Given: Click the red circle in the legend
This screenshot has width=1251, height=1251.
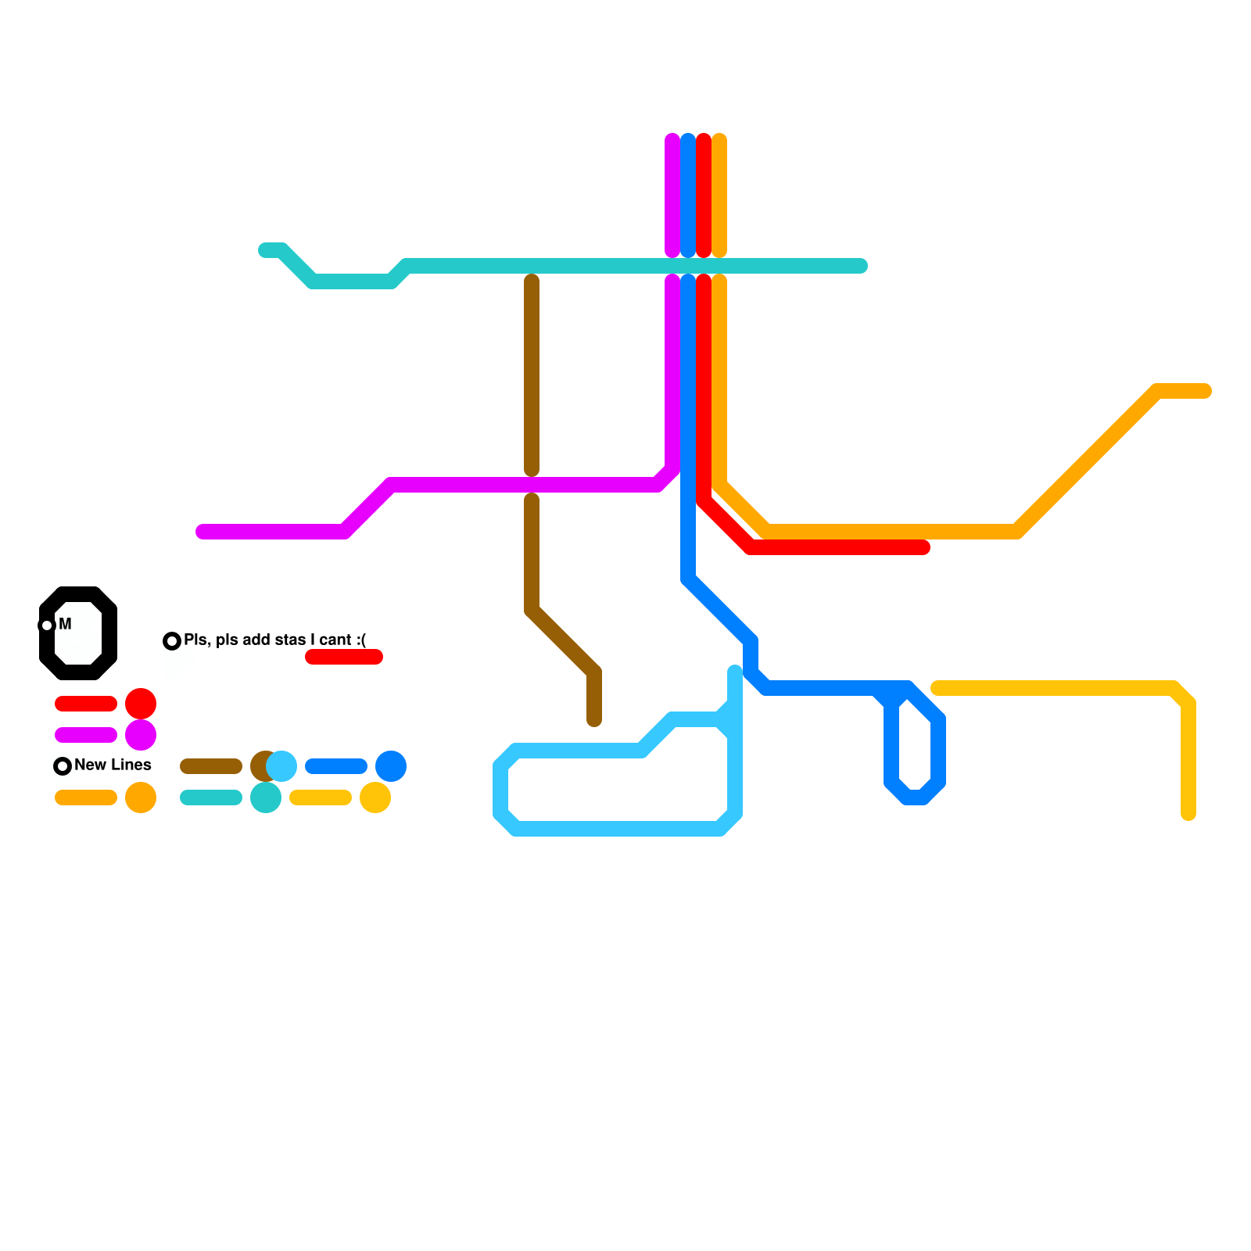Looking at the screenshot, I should click(141, 704).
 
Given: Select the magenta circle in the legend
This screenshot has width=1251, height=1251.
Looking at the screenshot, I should click(141, 735).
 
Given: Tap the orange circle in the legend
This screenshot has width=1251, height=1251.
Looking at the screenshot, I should click(141, 798).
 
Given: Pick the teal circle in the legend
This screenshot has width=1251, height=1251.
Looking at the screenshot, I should click(266, 798).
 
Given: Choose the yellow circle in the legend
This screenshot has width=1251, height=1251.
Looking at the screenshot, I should click(375, 798).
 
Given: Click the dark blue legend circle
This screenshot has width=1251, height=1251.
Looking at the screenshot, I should click(391, 766).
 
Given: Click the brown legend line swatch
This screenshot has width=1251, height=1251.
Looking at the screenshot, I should click(211, 766).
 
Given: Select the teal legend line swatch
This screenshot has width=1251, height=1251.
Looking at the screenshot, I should click(211, 798).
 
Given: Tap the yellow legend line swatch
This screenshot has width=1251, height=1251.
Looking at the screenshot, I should click(321, 798).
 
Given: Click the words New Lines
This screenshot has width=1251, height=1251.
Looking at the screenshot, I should click(113, 765).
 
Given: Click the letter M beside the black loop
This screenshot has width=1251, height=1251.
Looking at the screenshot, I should click(65, 624).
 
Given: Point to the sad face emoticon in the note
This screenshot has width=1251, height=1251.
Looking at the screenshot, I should click(361, 640).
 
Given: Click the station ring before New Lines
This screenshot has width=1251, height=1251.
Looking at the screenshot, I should click(63, 766).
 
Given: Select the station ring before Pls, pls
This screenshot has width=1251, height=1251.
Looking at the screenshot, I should click(172, 641).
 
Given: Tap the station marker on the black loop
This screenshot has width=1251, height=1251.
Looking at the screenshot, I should click(47, 625).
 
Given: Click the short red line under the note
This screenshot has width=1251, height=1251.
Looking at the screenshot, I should click(344, 657).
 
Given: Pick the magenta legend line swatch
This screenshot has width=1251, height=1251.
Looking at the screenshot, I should click(86, 735).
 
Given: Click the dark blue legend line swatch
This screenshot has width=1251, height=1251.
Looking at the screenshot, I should click(336, 766).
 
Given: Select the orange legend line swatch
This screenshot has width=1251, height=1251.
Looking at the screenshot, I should click(86, 798).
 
